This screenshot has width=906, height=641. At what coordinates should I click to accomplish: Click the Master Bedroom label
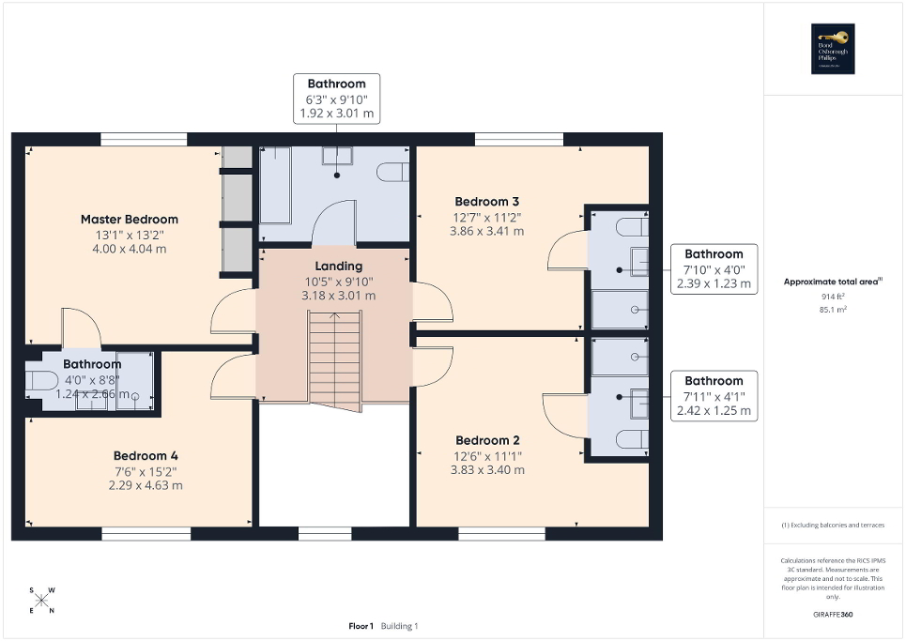coord(129,220)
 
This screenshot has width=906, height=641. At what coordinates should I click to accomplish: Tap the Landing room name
coord(339,267)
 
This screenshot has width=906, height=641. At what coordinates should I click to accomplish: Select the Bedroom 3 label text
coord(486,202)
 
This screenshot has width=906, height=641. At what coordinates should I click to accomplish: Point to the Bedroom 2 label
coord(487,440)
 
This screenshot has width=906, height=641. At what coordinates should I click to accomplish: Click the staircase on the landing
coord(335,361)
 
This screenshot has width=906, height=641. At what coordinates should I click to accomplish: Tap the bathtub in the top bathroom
coord(275,184)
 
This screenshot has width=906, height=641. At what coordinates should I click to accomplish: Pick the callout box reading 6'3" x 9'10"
coord(336,99)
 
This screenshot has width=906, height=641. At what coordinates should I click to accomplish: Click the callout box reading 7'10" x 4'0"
coord(714,268)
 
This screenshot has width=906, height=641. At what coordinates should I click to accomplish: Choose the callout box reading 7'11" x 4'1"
coord(714,396)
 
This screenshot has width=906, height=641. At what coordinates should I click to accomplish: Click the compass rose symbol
coord(42,601)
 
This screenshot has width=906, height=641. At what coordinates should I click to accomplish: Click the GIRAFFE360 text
coord(834,614)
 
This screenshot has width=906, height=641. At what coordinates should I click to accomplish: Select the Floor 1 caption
coord(361,626)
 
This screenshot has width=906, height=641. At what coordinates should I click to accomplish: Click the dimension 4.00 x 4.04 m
coord(129,250)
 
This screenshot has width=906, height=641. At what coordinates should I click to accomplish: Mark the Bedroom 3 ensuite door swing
coord(567,253)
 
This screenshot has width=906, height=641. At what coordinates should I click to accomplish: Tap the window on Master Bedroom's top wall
coord(144,140)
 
